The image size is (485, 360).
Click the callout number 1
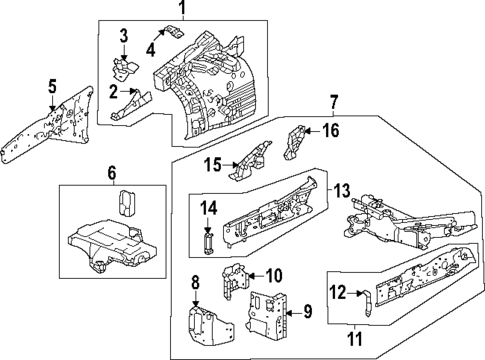(x=182, y=10)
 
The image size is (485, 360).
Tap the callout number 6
(x=112, y=172)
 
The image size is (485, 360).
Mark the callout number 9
(x=308, y=312)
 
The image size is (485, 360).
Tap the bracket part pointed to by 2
(x=130, y=100)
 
